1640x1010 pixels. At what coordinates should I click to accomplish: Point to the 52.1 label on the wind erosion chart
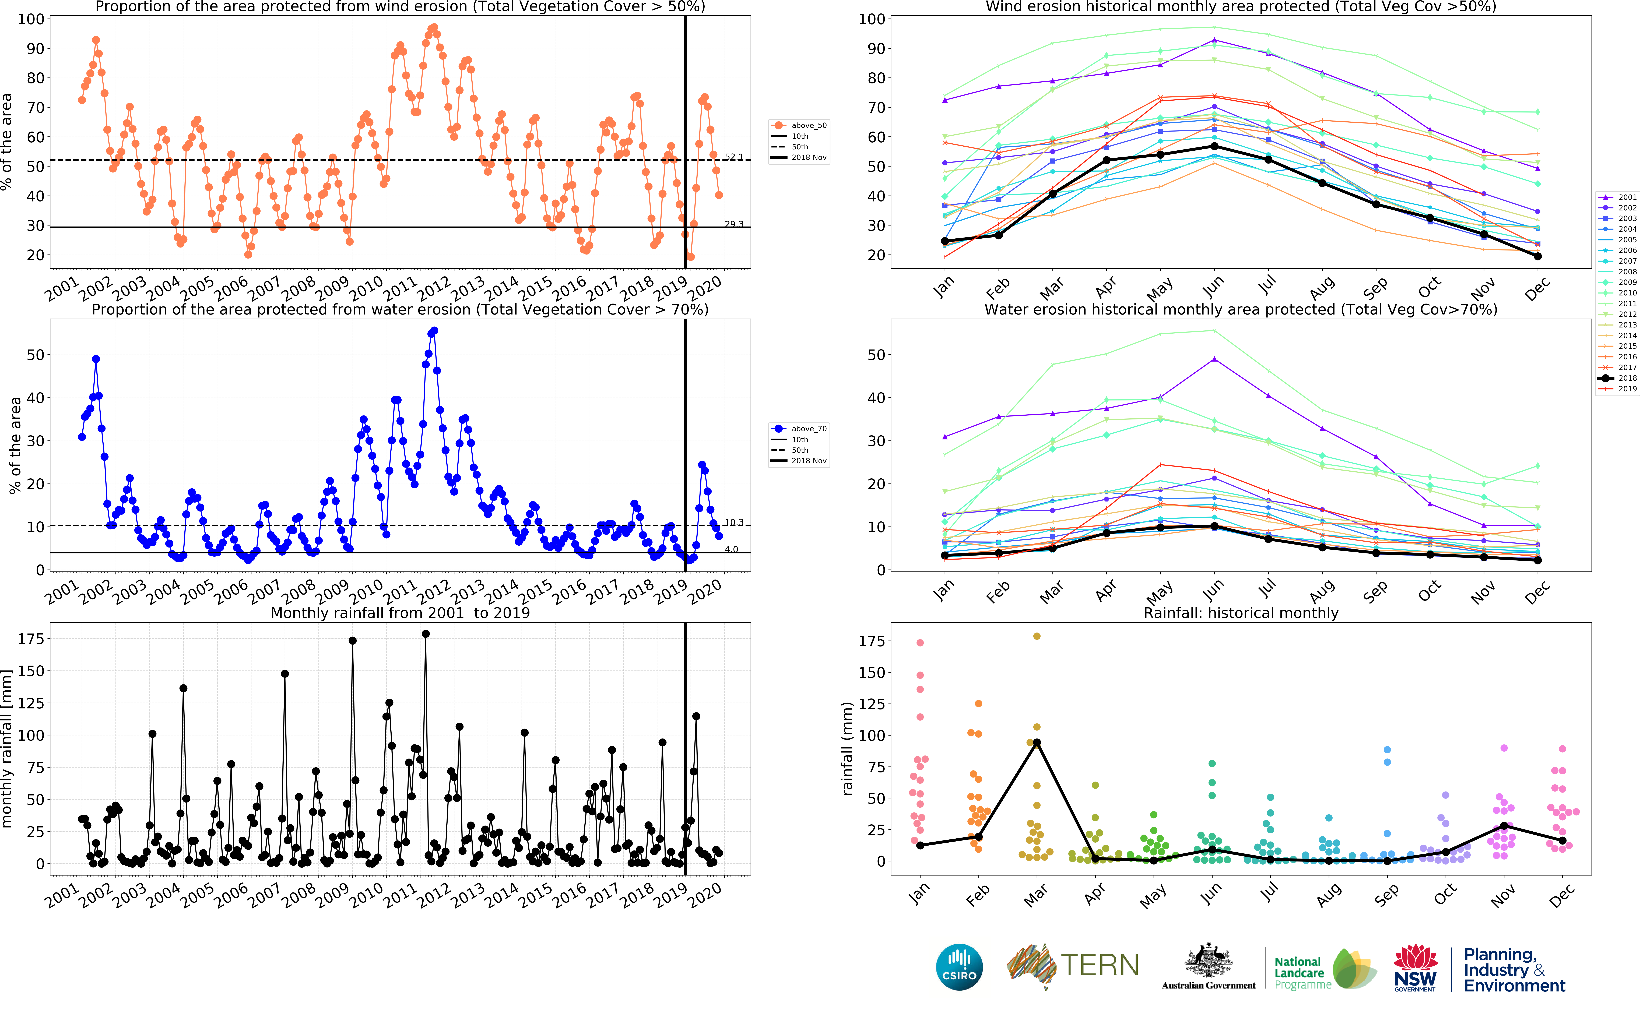(x=733, y=157)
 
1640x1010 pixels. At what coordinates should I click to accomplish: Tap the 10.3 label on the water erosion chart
(x=733, y=522)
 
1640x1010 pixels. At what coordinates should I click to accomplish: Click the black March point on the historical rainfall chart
(x=1037, y=743)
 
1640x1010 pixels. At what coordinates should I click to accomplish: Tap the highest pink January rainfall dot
(x=920, y=643)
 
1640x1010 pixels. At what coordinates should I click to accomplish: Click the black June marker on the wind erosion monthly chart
(x=1214, y=146)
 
